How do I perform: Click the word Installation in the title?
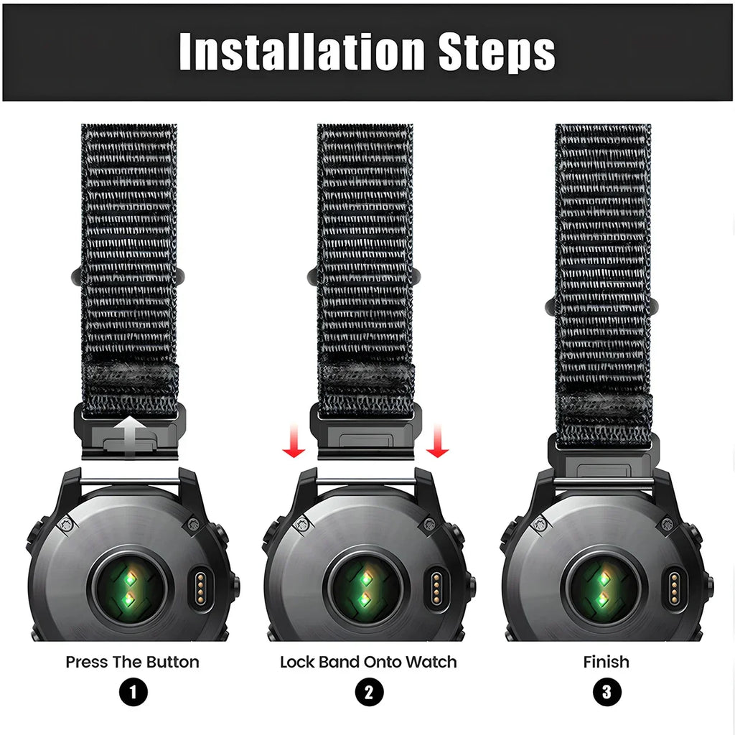pos(302,51)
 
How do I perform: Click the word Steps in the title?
pos(497,52)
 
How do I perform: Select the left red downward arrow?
pos(294,440)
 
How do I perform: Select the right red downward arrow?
pos(437,440)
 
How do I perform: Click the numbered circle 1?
pos(133,692)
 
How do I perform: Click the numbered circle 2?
pos(369,692)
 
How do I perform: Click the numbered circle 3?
pos(607,692)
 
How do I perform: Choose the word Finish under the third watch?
pos(606,662)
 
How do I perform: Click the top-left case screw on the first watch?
pos(67,525)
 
